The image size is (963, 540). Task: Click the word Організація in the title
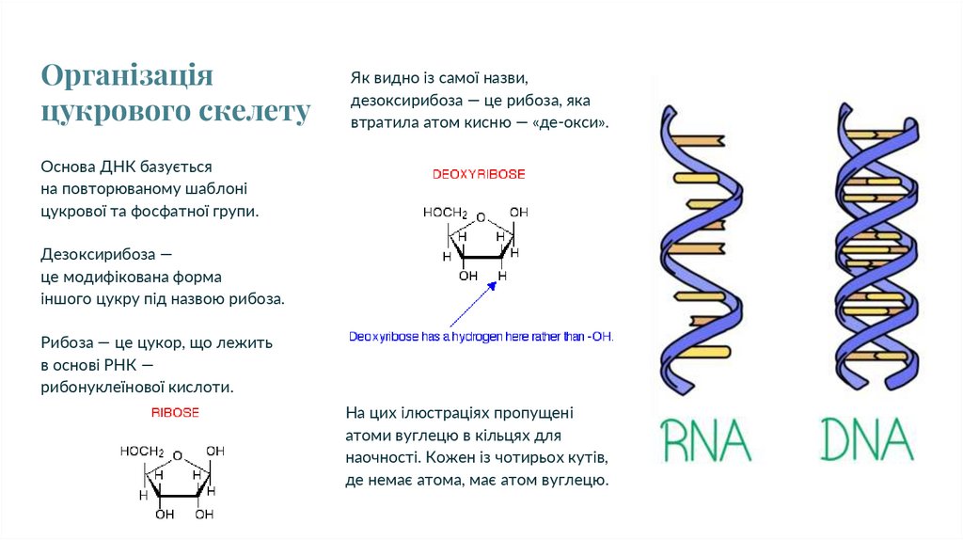tap(127, 77)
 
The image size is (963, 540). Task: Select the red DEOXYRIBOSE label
tap(479, 175)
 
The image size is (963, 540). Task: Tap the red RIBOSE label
tap(175, 413)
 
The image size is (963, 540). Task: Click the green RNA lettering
tap(705, 438)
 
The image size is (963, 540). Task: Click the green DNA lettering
tap(867, 438)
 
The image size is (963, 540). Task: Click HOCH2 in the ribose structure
tap(142, 452)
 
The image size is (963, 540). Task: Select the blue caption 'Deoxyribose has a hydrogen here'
tap(481, 336)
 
